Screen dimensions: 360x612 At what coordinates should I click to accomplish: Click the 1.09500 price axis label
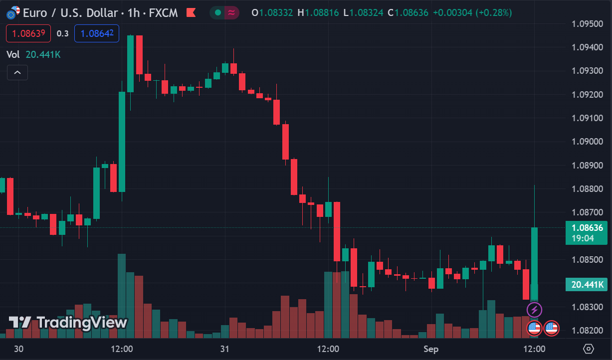pyautogui.click(x=587, y=23)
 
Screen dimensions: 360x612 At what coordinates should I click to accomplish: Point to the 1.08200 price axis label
pyautogui.click(x=587, y=330)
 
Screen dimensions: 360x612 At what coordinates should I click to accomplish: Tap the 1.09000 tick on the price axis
pyautogui.click(x=587, y=142)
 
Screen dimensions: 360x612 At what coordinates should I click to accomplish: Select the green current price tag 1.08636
pyautogui.click(x=586, y=228)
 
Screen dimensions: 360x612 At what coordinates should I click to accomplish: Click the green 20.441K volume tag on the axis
pyautogui.click(x=586, y=285)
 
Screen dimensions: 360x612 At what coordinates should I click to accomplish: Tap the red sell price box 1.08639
pyautogui.click(x=28, y=33)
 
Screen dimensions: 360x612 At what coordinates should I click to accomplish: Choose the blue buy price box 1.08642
pyautogui.click(x=97, y=33)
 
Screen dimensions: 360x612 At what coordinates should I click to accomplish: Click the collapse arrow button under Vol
pyautogui.click(x=17, y=73)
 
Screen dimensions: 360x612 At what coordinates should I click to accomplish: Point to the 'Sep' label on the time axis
pyautogui.click(x=431, y=349)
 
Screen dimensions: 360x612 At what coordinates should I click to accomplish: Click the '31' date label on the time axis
pyautogui.click(x=224, y=349)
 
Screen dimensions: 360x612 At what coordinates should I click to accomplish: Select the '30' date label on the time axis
pyautogui.click(x=18, y=349)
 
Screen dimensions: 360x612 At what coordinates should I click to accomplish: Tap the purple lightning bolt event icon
pyautogui.click(x=534, y=310)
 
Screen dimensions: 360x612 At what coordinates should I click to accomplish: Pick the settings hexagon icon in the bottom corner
pyautogui.click(x=589, y=349)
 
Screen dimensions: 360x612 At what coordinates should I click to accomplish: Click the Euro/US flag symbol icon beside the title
pyautogui.click(x=13, y=12)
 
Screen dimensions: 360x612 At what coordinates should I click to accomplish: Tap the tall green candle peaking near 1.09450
pyautogui.click(x=130, y=64)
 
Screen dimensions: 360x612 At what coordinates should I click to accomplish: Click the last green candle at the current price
pyautogui.click(x=534, y=263)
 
